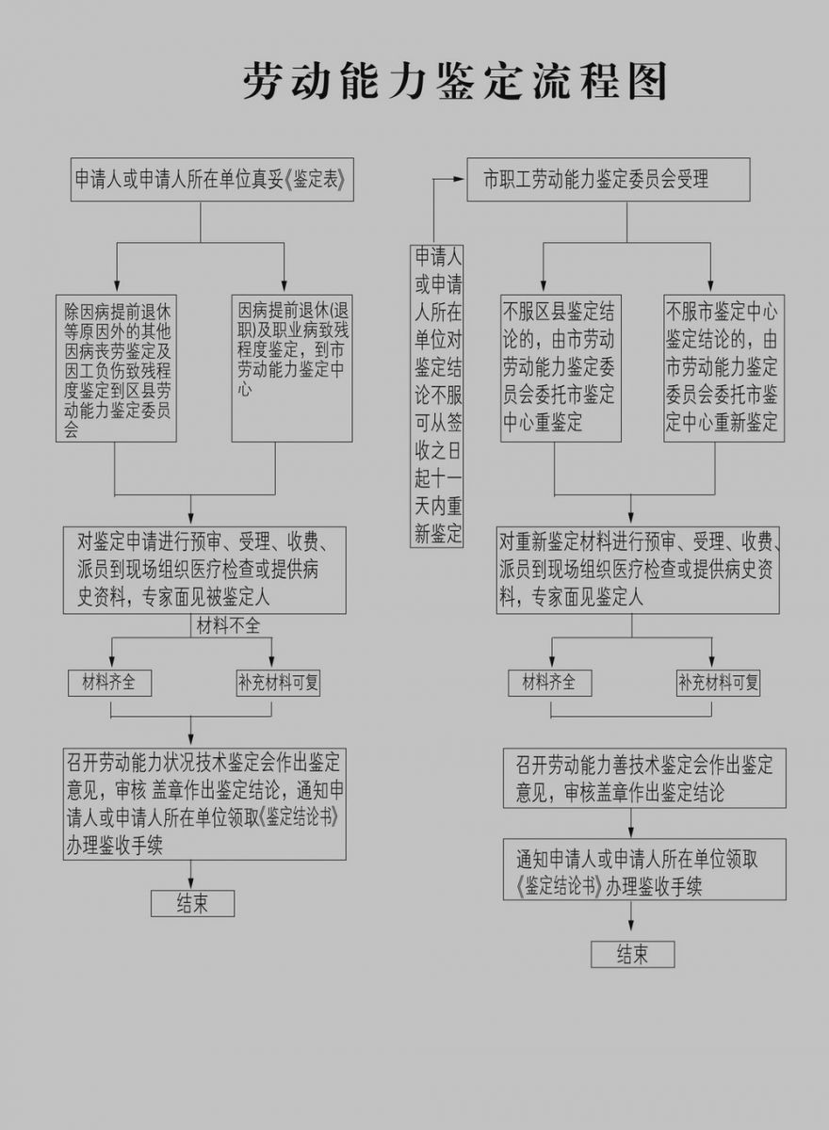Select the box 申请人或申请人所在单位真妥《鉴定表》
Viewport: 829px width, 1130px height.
(212, 180)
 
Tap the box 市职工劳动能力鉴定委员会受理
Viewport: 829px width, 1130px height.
(608, 180)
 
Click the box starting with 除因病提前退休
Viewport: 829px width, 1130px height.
(116, 368)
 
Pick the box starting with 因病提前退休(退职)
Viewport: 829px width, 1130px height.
(292, 368)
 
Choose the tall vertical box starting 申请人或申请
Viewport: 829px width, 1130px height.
(436, 396)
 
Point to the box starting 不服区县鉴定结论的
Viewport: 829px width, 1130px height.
(561, 368)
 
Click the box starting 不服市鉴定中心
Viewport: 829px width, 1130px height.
(724, 368)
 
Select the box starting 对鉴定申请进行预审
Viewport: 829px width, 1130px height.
(204, 570)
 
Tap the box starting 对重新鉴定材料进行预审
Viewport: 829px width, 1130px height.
(638, 570)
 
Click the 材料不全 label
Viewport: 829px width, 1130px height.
(228, 626)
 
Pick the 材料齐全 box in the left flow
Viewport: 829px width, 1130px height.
(109, 683)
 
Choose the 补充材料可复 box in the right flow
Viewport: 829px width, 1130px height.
(718, 683)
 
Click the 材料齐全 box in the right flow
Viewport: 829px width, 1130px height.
(549, 683)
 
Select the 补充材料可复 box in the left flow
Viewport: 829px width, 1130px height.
(278, 683)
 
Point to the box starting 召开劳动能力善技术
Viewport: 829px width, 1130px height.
(644, 778)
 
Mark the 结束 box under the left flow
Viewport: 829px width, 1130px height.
(193, 903)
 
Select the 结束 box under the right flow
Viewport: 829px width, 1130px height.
(633, 954)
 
